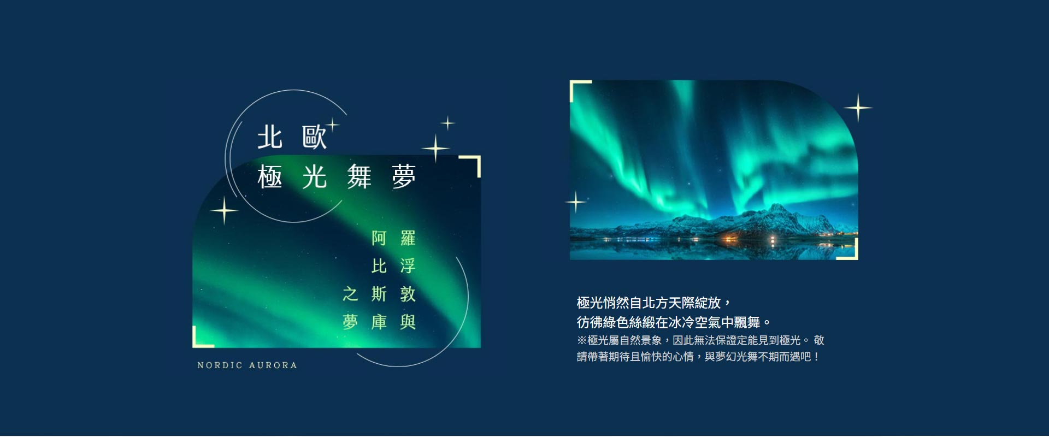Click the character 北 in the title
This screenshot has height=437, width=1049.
[270, 137]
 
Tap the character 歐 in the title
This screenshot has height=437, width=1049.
[314, 137]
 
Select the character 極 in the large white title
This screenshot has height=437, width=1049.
[270, 177]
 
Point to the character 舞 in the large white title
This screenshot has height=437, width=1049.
[359, 177]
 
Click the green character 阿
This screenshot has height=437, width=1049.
[379, 238]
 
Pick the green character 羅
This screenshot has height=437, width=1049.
[408, 238]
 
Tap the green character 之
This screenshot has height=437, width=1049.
[350, 294]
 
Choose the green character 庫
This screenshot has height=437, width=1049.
[379, 322]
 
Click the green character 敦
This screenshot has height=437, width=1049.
[408, 294]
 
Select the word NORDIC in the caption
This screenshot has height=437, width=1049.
[220, 365]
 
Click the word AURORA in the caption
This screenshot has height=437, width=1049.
[273, 365]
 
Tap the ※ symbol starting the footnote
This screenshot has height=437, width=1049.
[582, 340]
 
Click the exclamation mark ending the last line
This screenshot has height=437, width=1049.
[816, 357]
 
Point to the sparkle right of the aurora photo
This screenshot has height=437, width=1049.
[858, 108]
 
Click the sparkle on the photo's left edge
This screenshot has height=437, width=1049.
[576, 202]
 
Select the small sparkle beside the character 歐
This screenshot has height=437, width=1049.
[332, 125]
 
